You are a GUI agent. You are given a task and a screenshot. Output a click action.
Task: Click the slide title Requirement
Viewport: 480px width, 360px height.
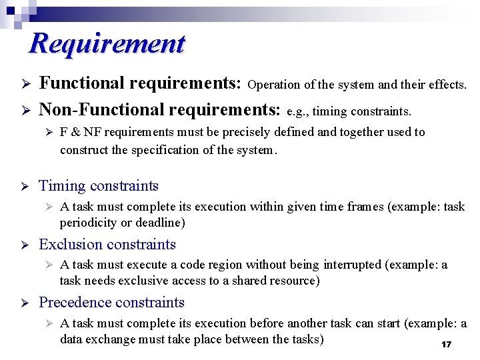107,44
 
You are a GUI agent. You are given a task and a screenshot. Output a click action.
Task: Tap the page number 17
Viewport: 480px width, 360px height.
446,345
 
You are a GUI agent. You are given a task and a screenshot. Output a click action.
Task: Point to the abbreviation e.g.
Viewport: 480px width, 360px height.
297,111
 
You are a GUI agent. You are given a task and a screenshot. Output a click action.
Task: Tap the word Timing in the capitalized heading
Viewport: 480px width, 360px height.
62,186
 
